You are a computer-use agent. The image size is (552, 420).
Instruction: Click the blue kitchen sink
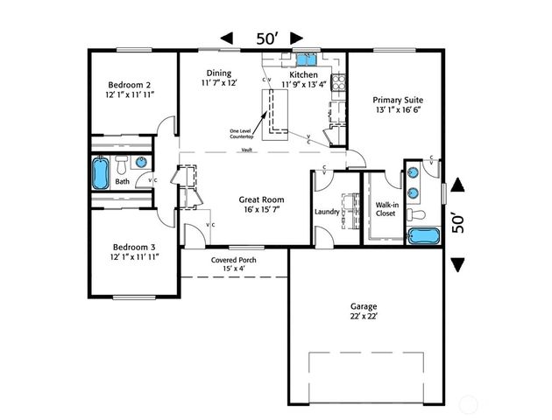(306, 59)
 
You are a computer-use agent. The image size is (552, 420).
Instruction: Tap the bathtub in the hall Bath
(101, 172)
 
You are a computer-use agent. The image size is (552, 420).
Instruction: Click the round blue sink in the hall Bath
(140, 162)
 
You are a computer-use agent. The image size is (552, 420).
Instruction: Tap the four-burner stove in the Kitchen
(337, 87)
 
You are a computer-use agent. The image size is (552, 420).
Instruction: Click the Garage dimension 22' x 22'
(364, 318)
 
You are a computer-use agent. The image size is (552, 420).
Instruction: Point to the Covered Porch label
(233, 261)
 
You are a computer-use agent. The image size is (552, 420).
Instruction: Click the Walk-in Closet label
(387, 208)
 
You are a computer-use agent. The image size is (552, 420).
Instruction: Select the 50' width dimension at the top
(267, 38)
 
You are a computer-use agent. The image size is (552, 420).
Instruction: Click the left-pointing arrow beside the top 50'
(227, 38)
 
